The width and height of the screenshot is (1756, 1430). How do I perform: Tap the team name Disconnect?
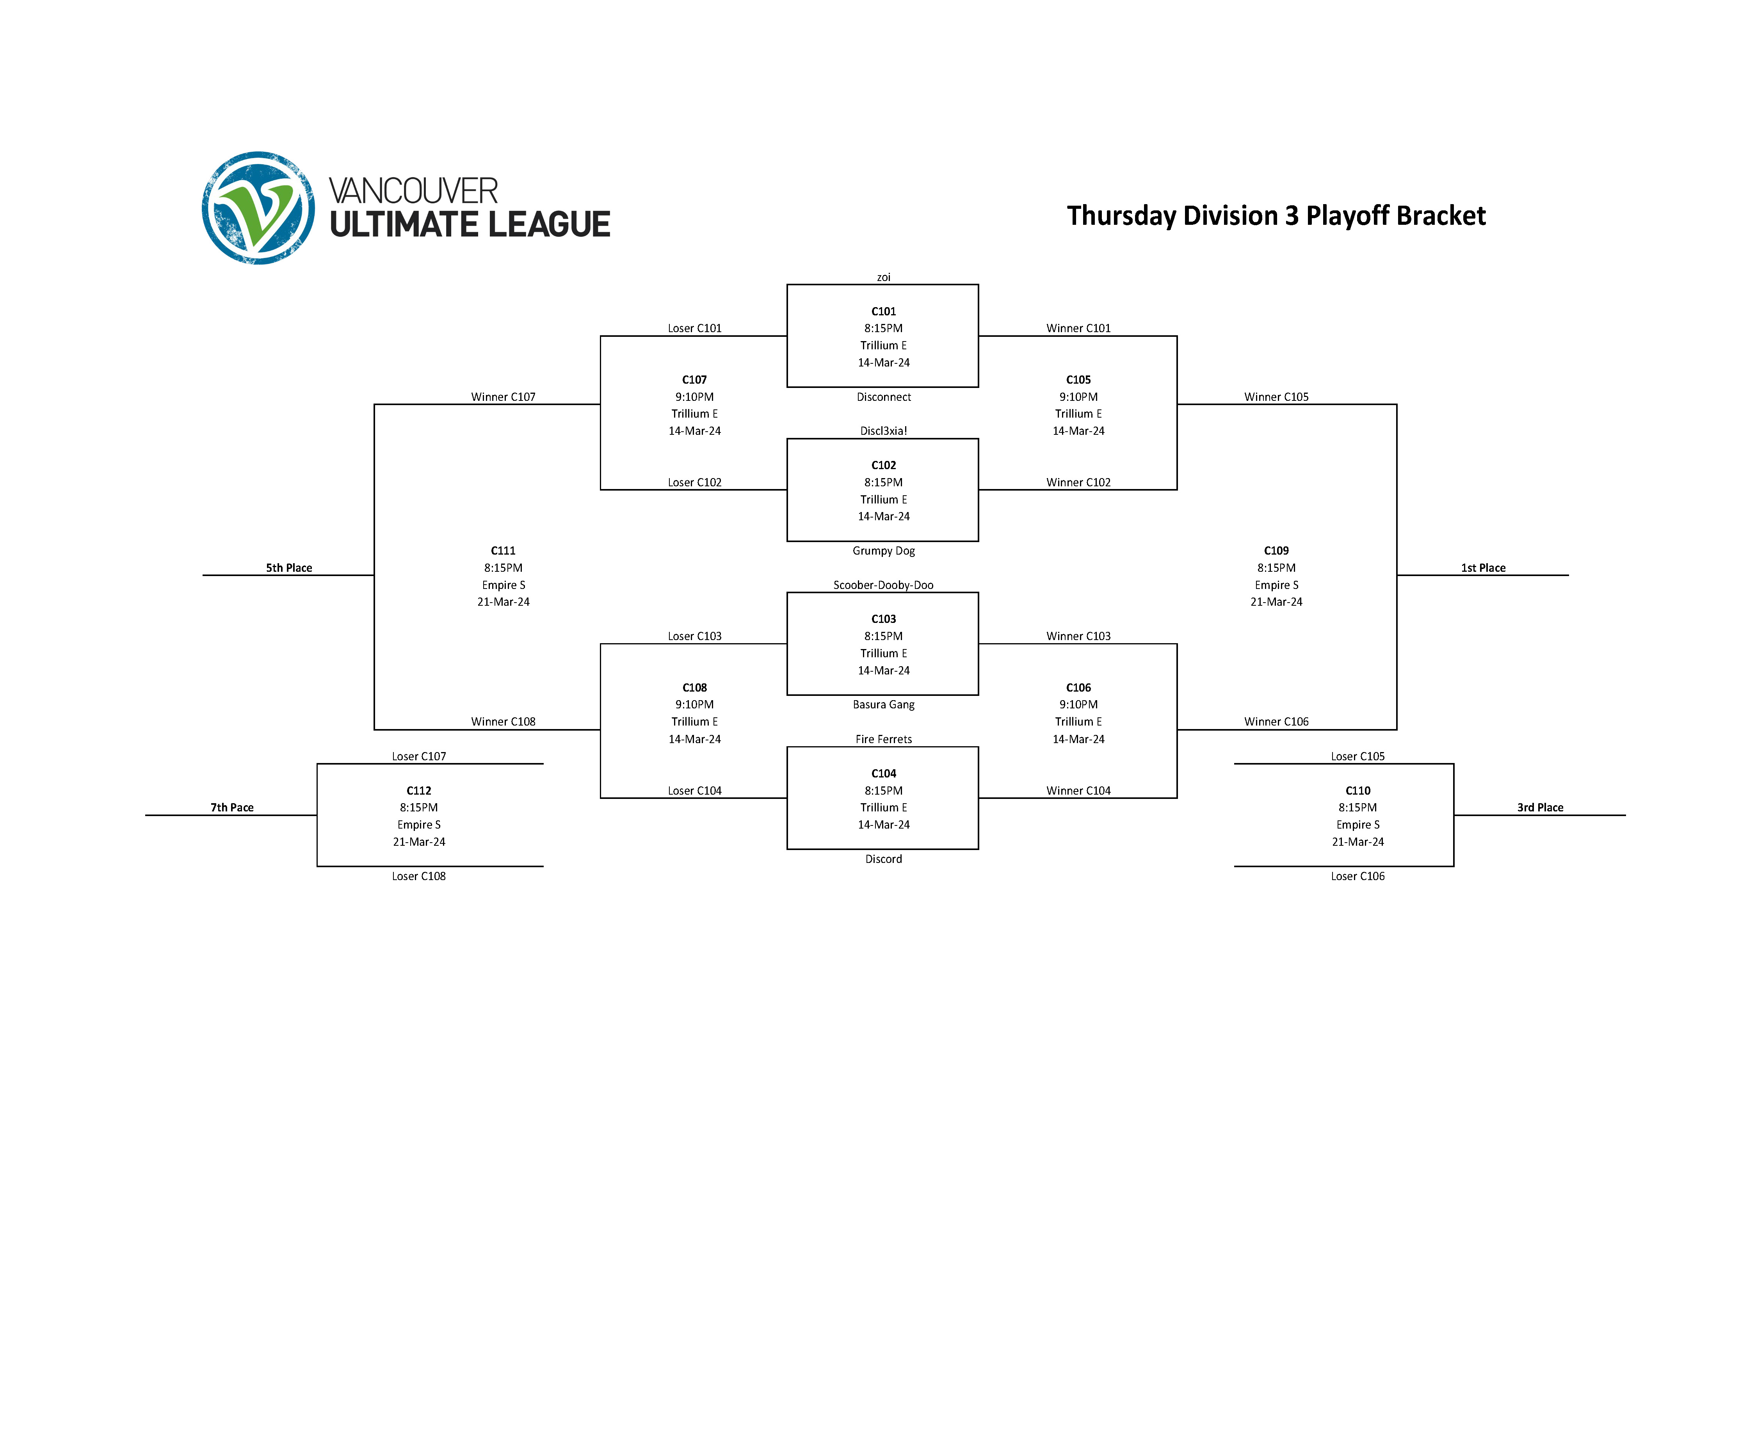pos(883,397)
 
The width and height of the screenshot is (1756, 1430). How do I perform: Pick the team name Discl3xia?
pos(883,431)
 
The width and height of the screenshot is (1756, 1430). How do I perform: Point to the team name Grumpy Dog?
pos(883,551)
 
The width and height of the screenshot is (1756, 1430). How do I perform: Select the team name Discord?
pos(883,859)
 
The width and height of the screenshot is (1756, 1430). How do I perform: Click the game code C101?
pos(883,311)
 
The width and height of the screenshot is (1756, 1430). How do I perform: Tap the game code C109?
pos(1276,551)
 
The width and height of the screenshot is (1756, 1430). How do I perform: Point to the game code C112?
pos(418,791)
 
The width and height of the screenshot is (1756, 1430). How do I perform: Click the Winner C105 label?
pos(1276,397)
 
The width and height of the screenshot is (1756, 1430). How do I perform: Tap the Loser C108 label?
pos(418,877)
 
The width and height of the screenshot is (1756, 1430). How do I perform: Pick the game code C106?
pos(1078,688)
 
